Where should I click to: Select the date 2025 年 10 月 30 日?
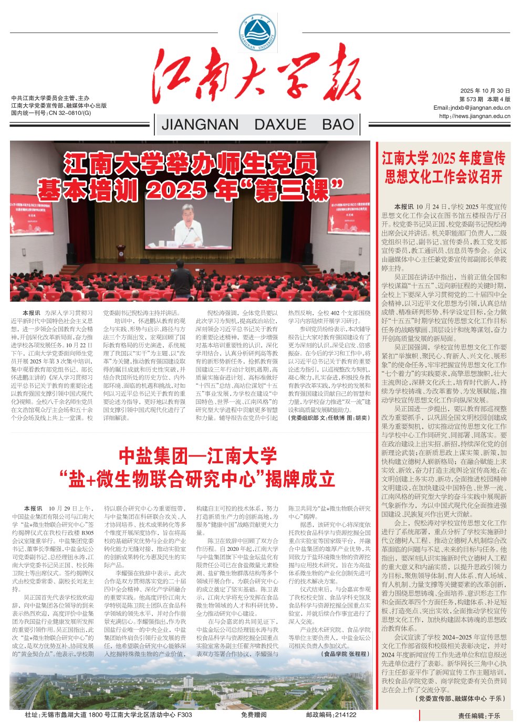click(x=485, y=91)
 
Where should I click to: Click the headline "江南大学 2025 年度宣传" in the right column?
click(x=444, y=158)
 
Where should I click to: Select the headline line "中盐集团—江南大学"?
click(x=197, y=455)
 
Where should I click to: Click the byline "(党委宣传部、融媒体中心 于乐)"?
click(x=461, y=699)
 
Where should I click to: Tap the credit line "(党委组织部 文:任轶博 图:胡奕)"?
click(x=329, y=418)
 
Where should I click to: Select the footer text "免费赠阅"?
click(x=254, y=715)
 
